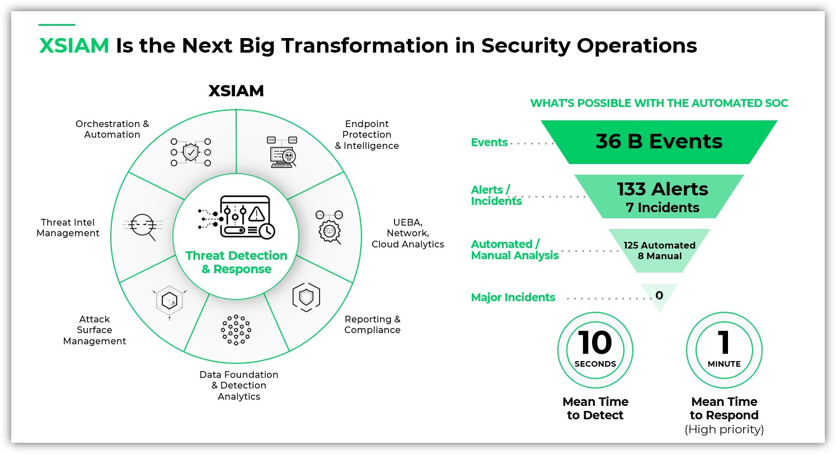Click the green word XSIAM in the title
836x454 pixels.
pos(74,46)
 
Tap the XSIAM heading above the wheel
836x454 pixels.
pos(236,91)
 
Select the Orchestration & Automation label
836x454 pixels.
pos(112,129)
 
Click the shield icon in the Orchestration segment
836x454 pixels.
pos(191,152)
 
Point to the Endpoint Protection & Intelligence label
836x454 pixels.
pos(367,135)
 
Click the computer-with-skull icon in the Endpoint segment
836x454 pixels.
pos(282,152)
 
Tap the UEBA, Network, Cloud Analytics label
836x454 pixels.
pos(407,233)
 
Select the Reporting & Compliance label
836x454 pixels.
pos(372,325)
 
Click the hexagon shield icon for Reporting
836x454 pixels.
pos(306,297)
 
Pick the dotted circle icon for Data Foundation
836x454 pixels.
pos(236,330)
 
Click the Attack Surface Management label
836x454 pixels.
pos(95,330)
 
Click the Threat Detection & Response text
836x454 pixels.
pos(236,263)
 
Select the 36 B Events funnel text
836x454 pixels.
pos(659,142)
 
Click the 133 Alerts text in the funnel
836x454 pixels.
pos(663,189)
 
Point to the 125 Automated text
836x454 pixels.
pos(660,245)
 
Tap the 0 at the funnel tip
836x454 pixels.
pos(659,295)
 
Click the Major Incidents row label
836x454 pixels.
pos(513,298)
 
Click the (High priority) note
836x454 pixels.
pos(724,429)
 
